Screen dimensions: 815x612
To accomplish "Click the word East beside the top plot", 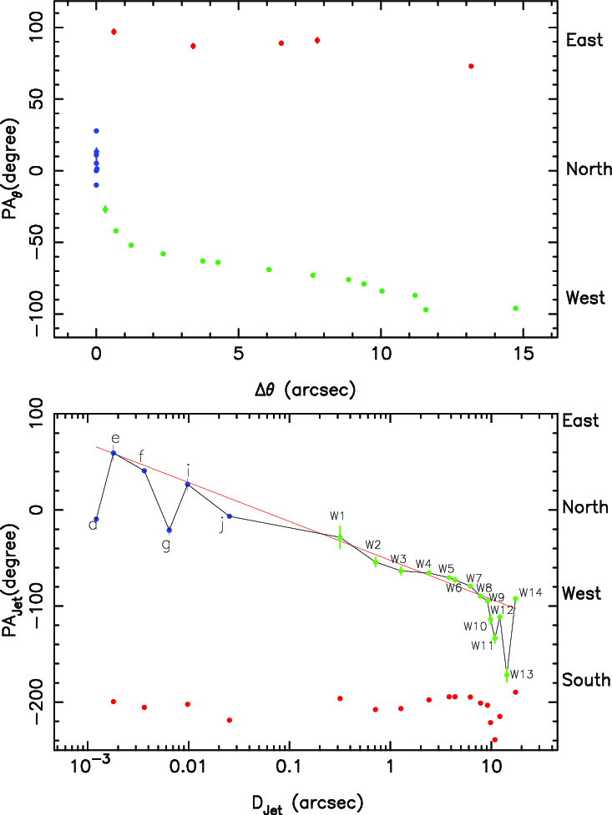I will coord(584,40).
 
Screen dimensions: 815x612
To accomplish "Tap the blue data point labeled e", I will coord(114,453).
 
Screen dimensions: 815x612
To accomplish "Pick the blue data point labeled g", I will coord(169,531).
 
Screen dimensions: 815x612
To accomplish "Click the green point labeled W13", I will coord(507,674).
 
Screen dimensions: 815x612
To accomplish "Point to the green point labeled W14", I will coord(516,599).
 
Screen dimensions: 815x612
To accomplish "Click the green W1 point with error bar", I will coord(340,537).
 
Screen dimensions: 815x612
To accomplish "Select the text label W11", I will coord(482,645).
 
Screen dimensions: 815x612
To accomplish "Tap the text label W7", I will coord(473,578).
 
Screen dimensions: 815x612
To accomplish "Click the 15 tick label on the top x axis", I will coord(523,358).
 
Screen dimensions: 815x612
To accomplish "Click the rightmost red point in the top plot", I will coord(471,66).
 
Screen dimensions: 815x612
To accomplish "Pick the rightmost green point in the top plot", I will coord(516,308).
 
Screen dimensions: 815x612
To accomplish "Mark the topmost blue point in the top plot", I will coord(96,131).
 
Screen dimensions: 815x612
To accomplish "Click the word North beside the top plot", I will coord(589,170).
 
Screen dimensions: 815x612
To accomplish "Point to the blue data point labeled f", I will coord(144,470).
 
